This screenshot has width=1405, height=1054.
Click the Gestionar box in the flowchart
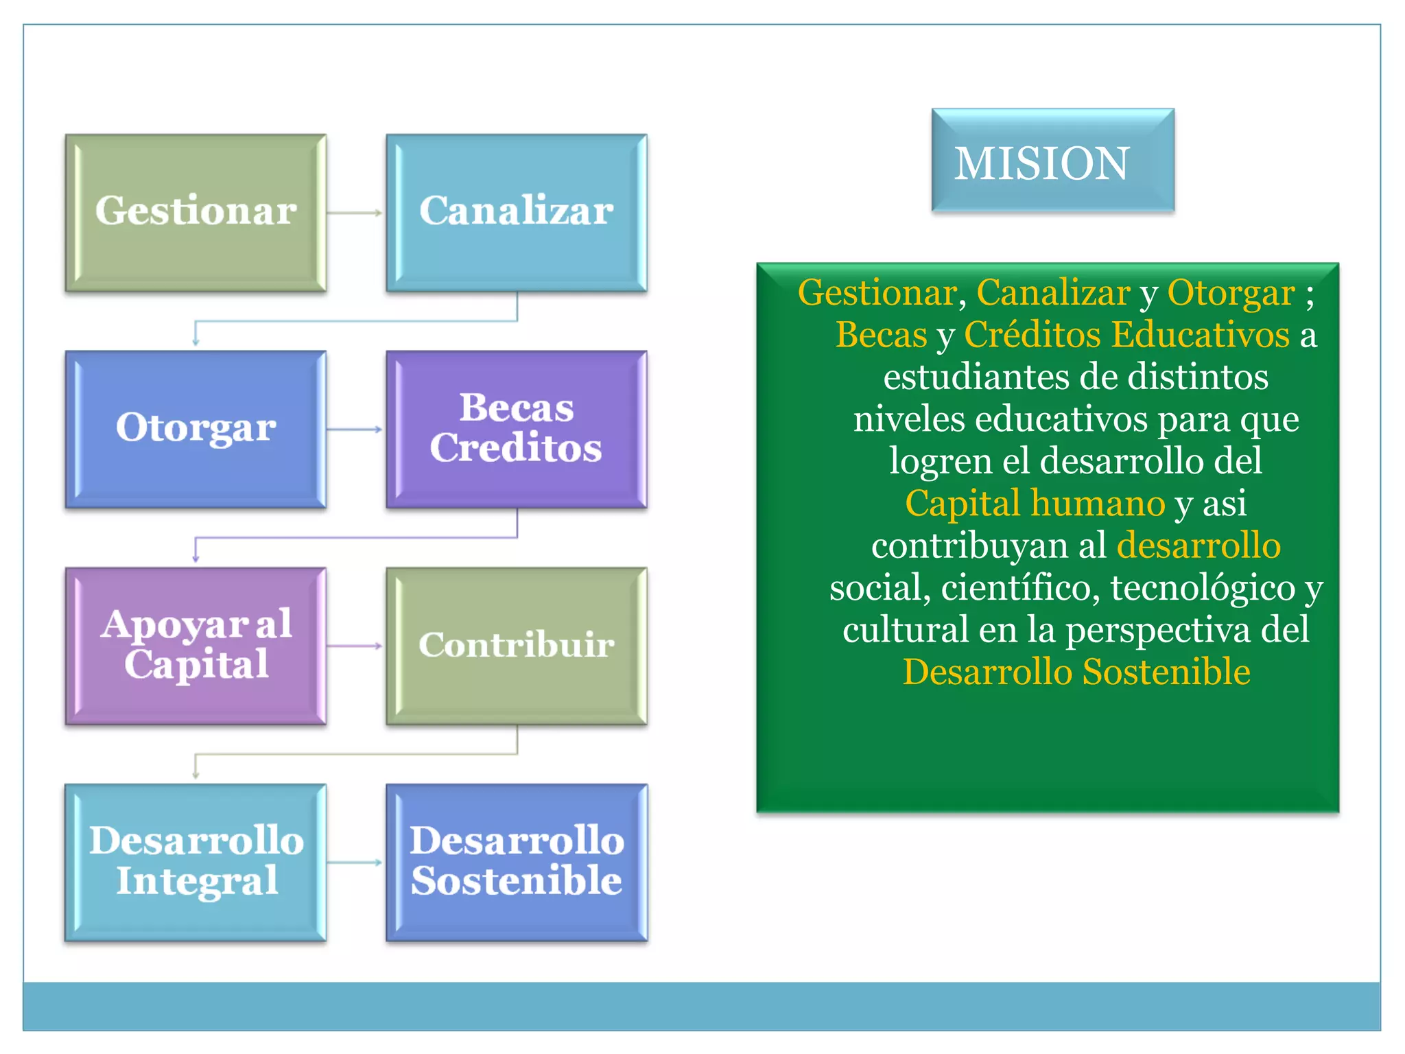[196, 213]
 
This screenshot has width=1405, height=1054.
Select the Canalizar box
[517, 213]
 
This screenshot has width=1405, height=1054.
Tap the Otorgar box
[196, 430]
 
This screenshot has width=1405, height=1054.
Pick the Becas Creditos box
[517, 430]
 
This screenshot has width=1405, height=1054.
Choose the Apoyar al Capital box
[196, 646]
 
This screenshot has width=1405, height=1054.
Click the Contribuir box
[517, 646]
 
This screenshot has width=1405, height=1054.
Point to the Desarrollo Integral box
[196, 863]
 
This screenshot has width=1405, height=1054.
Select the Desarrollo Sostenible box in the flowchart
[517, 863]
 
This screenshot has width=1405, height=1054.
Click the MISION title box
[1052, 161]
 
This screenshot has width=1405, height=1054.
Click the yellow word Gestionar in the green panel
[877, 293]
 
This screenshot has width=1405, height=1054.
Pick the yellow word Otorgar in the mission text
[1231, 293]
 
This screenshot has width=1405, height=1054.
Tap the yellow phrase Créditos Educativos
[1127, 335]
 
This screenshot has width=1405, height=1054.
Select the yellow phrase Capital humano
[1035, 503]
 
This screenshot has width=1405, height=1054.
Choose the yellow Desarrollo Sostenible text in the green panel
[1076, 672]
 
